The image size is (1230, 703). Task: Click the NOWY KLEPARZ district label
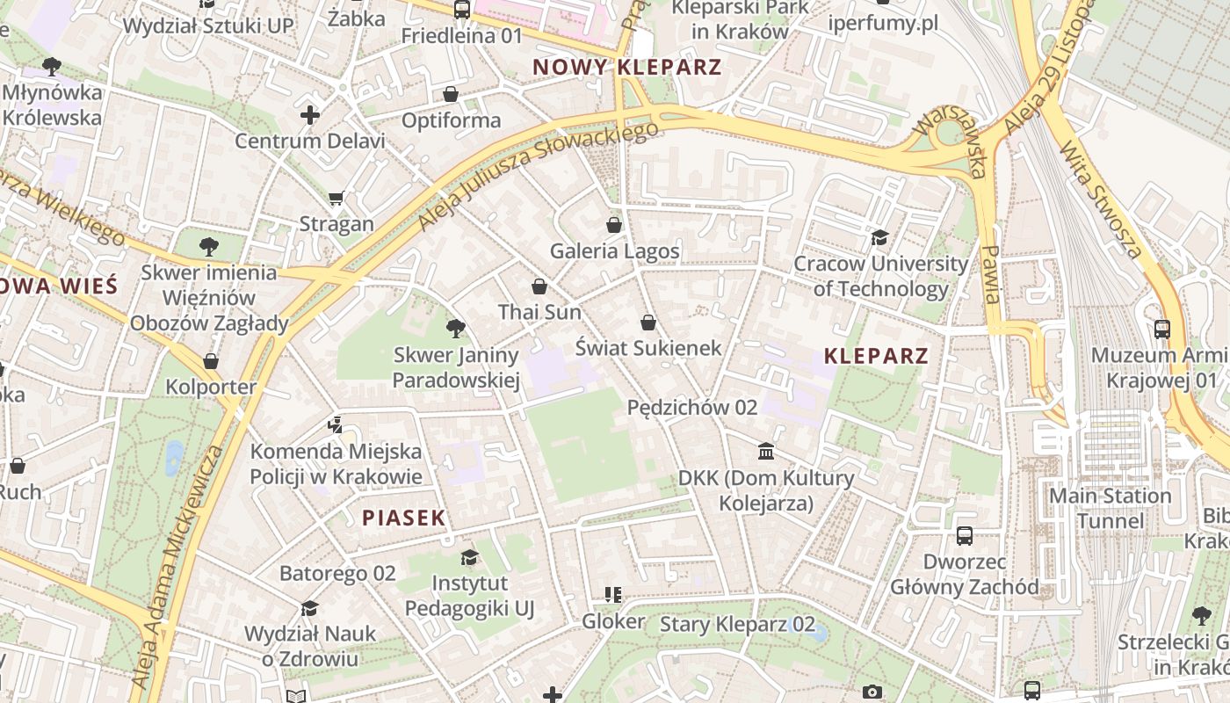click(627, 67)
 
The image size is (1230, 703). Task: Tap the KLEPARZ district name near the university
click(876, 356)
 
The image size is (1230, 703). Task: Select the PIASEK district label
click(404, 518)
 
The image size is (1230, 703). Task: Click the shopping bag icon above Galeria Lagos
click(614, 225)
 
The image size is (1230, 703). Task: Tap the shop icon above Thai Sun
click(539, 286)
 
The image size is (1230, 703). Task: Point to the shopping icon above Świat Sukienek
click(648, 323)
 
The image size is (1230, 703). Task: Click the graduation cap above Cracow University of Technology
click(879, 237)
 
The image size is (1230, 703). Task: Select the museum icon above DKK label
click(766, 452)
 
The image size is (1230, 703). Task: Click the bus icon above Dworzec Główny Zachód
click(965, 535)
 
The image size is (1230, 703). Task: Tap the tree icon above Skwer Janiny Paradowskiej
click(455, 329)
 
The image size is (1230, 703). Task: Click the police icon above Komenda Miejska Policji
click(335, 425)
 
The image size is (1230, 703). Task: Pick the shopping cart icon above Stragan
click(336, 198)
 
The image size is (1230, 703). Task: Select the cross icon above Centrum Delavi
click(309, 115)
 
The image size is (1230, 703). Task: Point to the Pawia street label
click(991, 274)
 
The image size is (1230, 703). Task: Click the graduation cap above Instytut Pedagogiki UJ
click(470, 557)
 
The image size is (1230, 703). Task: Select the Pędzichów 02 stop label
click(692, 408)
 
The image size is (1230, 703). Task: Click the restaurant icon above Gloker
click(613, 595)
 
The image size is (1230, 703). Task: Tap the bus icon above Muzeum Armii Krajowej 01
click(1162, 330)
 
